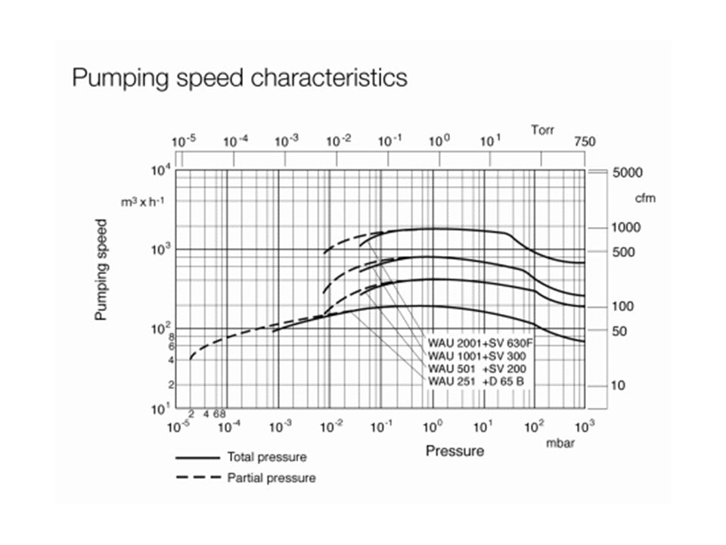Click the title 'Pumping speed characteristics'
tap(239, 78)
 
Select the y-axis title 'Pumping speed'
tap(101, 270)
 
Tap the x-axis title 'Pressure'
tap(454, 452)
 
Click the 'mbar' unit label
tap(560, 444)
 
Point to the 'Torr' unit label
tap(542, 130)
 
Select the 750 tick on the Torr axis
tap(585, 142)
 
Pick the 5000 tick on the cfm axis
tap(627, 173)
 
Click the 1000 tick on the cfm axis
tap(627, 228)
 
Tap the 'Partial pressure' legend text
tap(271, 478)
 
